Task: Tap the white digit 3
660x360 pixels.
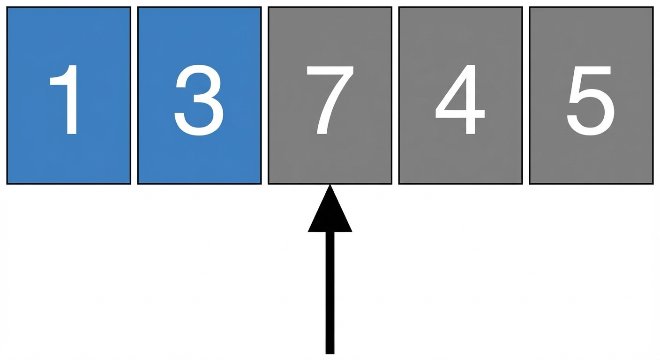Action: point(199,100)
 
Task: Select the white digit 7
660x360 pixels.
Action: point(330,100)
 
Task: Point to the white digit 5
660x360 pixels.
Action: point(591,101)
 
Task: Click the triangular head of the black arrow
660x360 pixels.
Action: point(330,209)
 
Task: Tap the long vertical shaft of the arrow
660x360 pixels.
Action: point(330,293)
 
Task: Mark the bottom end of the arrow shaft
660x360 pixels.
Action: point(330,353)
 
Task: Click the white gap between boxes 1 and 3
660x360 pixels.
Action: point(135,96)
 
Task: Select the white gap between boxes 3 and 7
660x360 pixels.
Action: point(265,96)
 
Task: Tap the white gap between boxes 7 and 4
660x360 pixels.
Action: point(396,96)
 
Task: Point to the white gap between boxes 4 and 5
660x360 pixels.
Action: point(526,96)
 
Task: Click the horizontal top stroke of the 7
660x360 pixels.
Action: point(330,70)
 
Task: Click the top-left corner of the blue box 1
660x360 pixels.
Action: point(7,7)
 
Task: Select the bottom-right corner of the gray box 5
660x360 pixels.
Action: point(653,184)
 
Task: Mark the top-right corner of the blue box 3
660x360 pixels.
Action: point(261,7)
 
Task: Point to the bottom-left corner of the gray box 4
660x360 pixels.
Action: point(399,184)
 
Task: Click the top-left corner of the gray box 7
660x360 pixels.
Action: point(269,7)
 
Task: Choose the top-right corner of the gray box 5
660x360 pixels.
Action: point(653,7)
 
